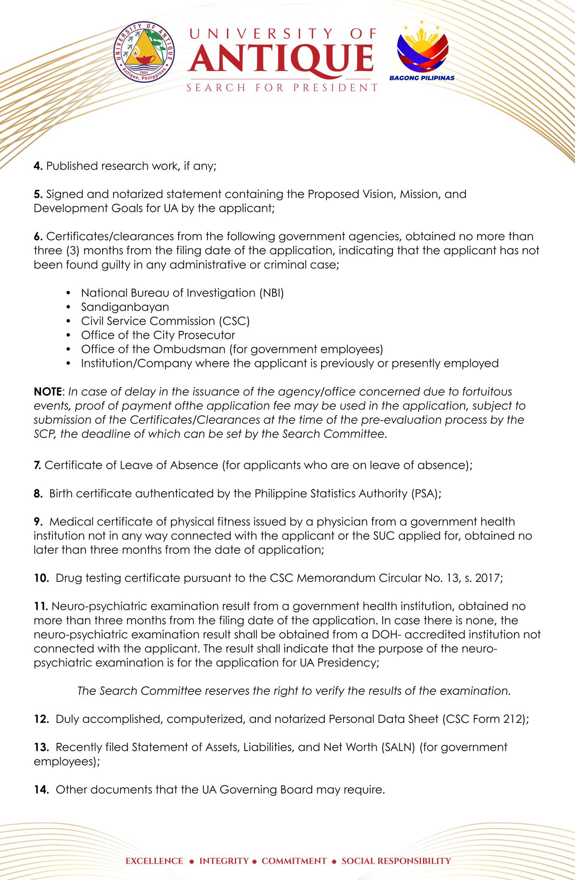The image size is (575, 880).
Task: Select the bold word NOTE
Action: pyautogui.click(x=47, y=392)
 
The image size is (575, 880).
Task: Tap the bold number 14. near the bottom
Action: pyautogui.click(x=42, y=790)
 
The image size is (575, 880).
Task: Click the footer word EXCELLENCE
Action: pyautogui.click(x=154, y=849)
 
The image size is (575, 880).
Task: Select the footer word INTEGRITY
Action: pyautogui.click(x=224, y=849)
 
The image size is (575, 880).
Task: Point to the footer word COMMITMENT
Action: pyautogui.click(x=294, y=849)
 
